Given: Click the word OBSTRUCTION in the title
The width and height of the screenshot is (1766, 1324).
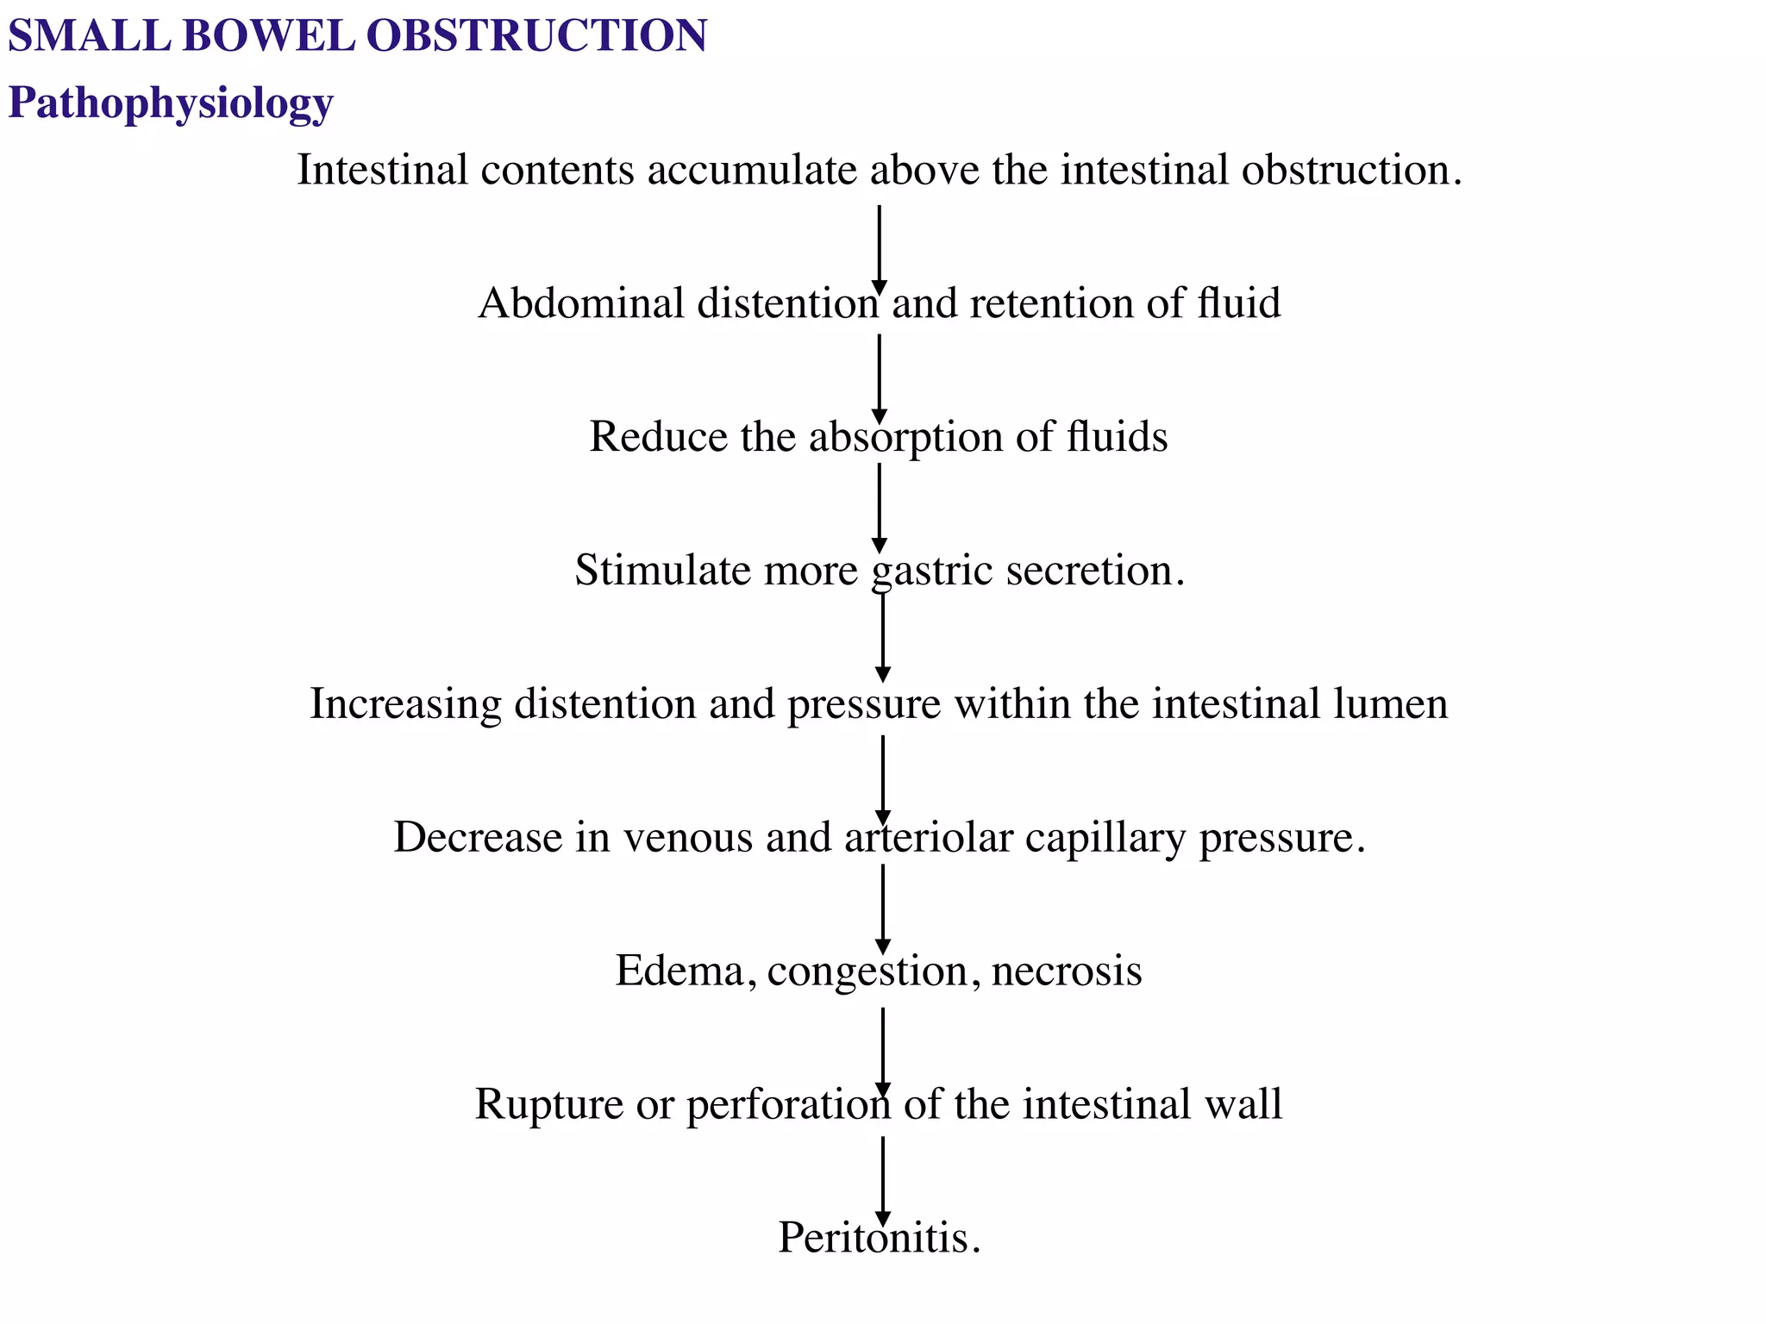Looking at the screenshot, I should [x=535, y=36].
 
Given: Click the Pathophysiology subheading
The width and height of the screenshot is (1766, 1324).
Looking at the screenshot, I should [x=170, y=103].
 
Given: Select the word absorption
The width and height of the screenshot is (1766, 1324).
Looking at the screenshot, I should [x=905, y=437].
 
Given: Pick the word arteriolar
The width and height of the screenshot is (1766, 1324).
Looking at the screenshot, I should [x=929, y=837].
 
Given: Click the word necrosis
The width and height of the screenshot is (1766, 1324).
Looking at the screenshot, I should [x=1067, y=971].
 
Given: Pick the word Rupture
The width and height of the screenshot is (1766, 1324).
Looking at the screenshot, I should [x=548, y=1104].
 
